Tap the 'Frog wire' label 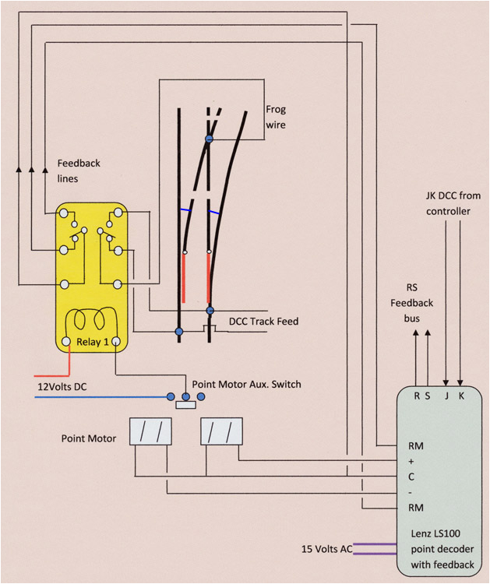click(276, 117)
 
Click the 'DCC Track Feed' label click(263, 321)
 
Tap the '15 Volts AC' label click(327, 550)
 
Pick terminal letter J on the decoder click(446, 396)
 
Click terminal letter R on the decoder click(417, 396)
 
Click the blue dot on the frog click(209, 139)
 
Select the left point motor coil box click(150, 431)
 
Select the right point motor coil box click(222, 431)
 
